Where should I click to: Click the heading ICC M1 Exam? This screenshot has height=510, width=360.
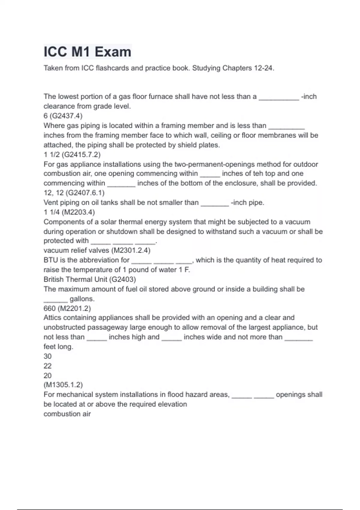click(87, 52)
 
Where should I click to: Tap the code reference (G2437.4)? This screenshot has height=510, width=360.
click(66, 116)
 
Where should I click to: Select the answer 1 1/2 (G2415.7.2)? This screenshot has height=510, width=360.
click(72, 154)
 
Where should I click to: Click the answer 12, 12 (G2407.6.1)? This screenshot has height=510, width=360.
click(74, 193)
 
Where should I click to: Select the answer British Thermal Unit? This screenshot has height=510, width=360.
click(75, 279)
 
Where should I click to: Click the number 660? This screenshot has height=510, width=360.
click(49, 308)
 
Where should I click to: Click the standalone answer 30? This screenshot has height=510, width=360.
click(48, 356)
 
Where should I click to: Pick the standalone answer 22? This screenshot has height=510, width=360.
click(48, 366)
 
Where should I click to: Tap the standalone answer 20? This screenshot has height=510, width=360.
click(48, 375)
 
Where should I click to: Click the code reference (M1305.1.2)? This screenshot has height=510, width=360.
click(63, 385)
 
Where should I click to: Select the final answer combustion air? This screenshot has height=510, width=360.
click(67, 414)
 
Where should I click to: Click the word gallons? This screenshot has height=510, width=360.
click(82, 299)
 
